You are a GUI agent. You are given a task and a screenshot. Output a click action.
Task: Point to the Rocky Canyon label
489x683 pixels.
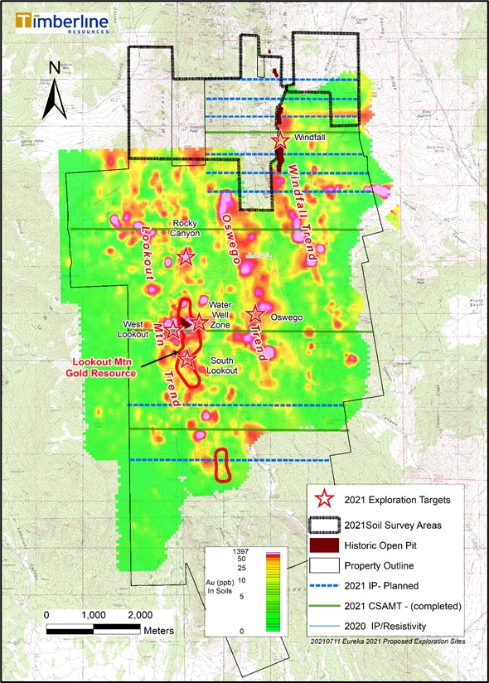tap(186, 228)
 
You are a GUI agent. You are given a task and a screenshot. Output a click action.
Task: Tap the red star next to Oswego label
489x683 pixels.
tap(255, 315)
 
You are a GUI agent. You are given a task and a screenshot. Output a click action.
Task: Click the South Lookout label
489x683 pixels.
tap(224, 365)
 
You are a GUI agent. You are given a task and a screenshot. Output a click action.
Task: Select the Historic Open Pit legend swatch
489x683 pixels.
tap(325, 545)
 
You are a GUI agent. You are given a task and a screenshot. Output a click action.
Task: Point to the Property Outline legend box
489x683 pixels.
tap(325, 566)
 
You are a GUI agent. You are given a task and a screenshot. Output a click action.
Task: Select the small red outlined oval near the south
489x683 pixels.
tap(222, 465)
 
